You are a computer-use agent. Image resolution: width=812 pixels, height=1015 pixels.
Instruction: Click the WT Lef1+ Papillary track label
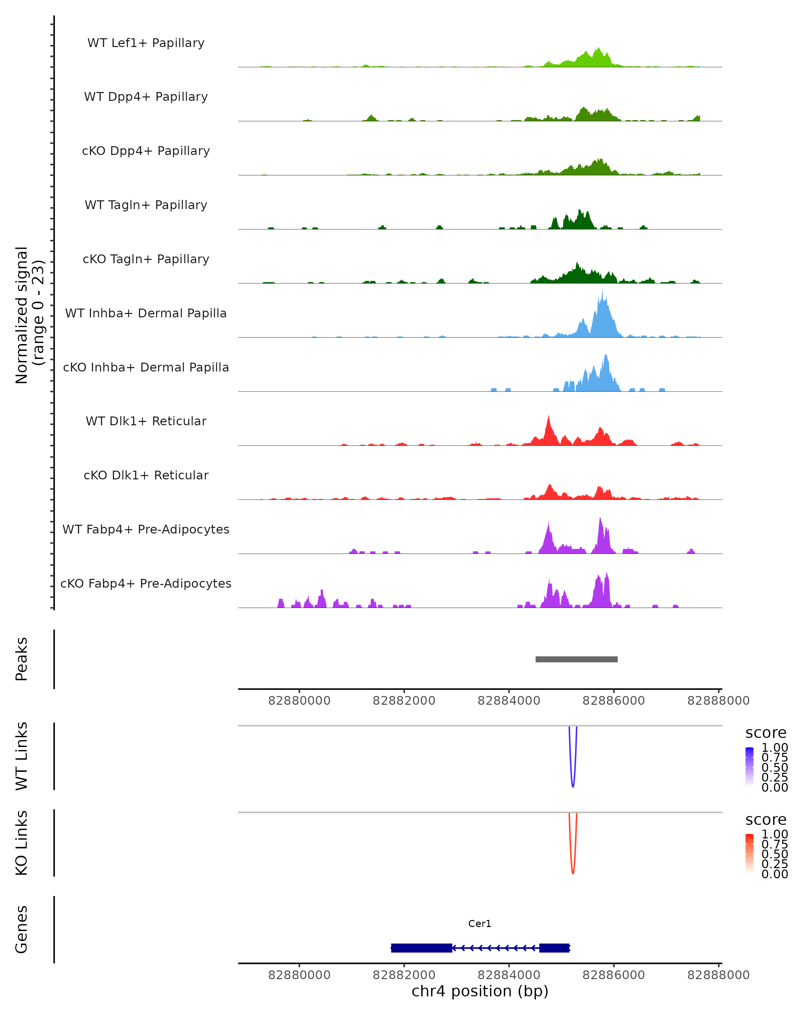coord(146,43)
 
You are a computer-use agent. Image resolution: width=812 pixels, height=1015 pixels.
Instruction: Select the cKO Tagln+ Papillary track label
coord(146,259)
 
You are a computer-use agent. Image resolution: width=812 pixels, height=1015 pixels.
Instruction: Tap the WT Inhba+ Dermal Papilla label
coord(146,313)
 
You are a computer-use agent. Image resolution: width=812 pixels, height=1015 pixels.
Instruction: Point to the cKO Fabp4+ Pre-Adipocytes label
coord(146,583)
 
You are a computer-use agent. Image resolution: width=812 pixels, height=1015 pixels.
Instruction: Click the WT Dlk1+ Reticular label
coord(146,421)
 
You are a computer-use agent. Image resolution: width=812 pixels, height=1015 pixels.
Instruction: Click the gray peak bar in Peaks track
coord(576,659)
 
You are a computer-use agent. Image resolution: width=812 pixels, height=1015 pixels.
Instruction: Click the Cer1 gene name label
coord(480,924)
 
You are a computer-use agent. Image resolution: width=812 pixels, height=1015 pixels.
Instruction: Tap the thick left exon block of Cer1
coord(421,948)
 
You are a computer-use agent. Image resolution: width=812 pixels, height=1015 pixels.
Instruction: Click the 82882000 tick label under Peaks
coord(404,701)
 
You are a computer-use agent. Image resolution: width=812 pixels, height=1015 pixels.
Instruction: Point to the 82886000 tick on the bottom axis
coord(613,974)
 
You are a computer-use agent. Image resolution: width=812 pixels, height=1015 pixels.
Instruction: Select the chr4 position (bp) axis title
coord(480,991)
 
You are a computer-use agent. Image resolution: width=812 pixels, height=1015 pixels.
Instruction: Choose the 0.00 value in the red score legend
coord(775,874)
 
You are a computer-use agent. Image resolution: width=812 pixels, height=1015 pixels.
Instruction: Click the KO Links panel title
coord(22,843)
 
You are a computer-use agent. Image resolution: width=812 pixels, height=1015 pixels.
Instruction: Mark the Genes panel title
coord(22,929)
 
